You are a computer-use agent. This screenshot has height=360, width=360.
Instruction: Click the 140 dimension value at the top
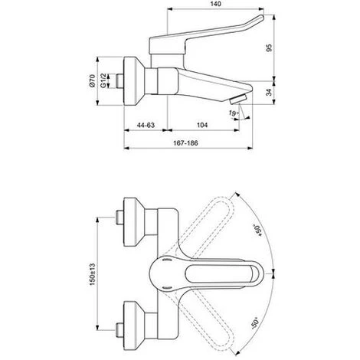216,4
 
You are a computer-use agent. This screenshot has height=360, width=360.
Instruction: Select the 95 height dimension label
269,48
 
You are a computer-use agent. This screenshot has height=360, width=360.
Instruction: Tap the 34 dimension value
269,93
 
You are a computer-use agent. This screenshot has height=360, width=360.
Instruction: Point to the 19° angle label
234,113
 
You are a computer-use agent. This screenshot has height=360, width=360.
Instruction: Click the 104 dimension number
202,125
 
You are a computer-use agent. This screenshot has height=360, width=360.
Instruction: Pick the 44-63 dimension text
146,125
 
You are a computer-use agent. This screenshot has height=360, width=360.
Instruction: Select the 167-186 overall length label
185,143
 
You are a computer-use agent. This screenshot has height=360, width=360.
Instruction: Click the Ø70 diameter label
92,80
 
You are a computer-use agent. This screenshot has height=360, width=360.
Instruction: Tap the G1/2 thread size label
103,80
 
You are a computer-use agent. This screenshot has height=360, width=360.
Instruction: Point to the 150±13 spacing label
92,274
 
